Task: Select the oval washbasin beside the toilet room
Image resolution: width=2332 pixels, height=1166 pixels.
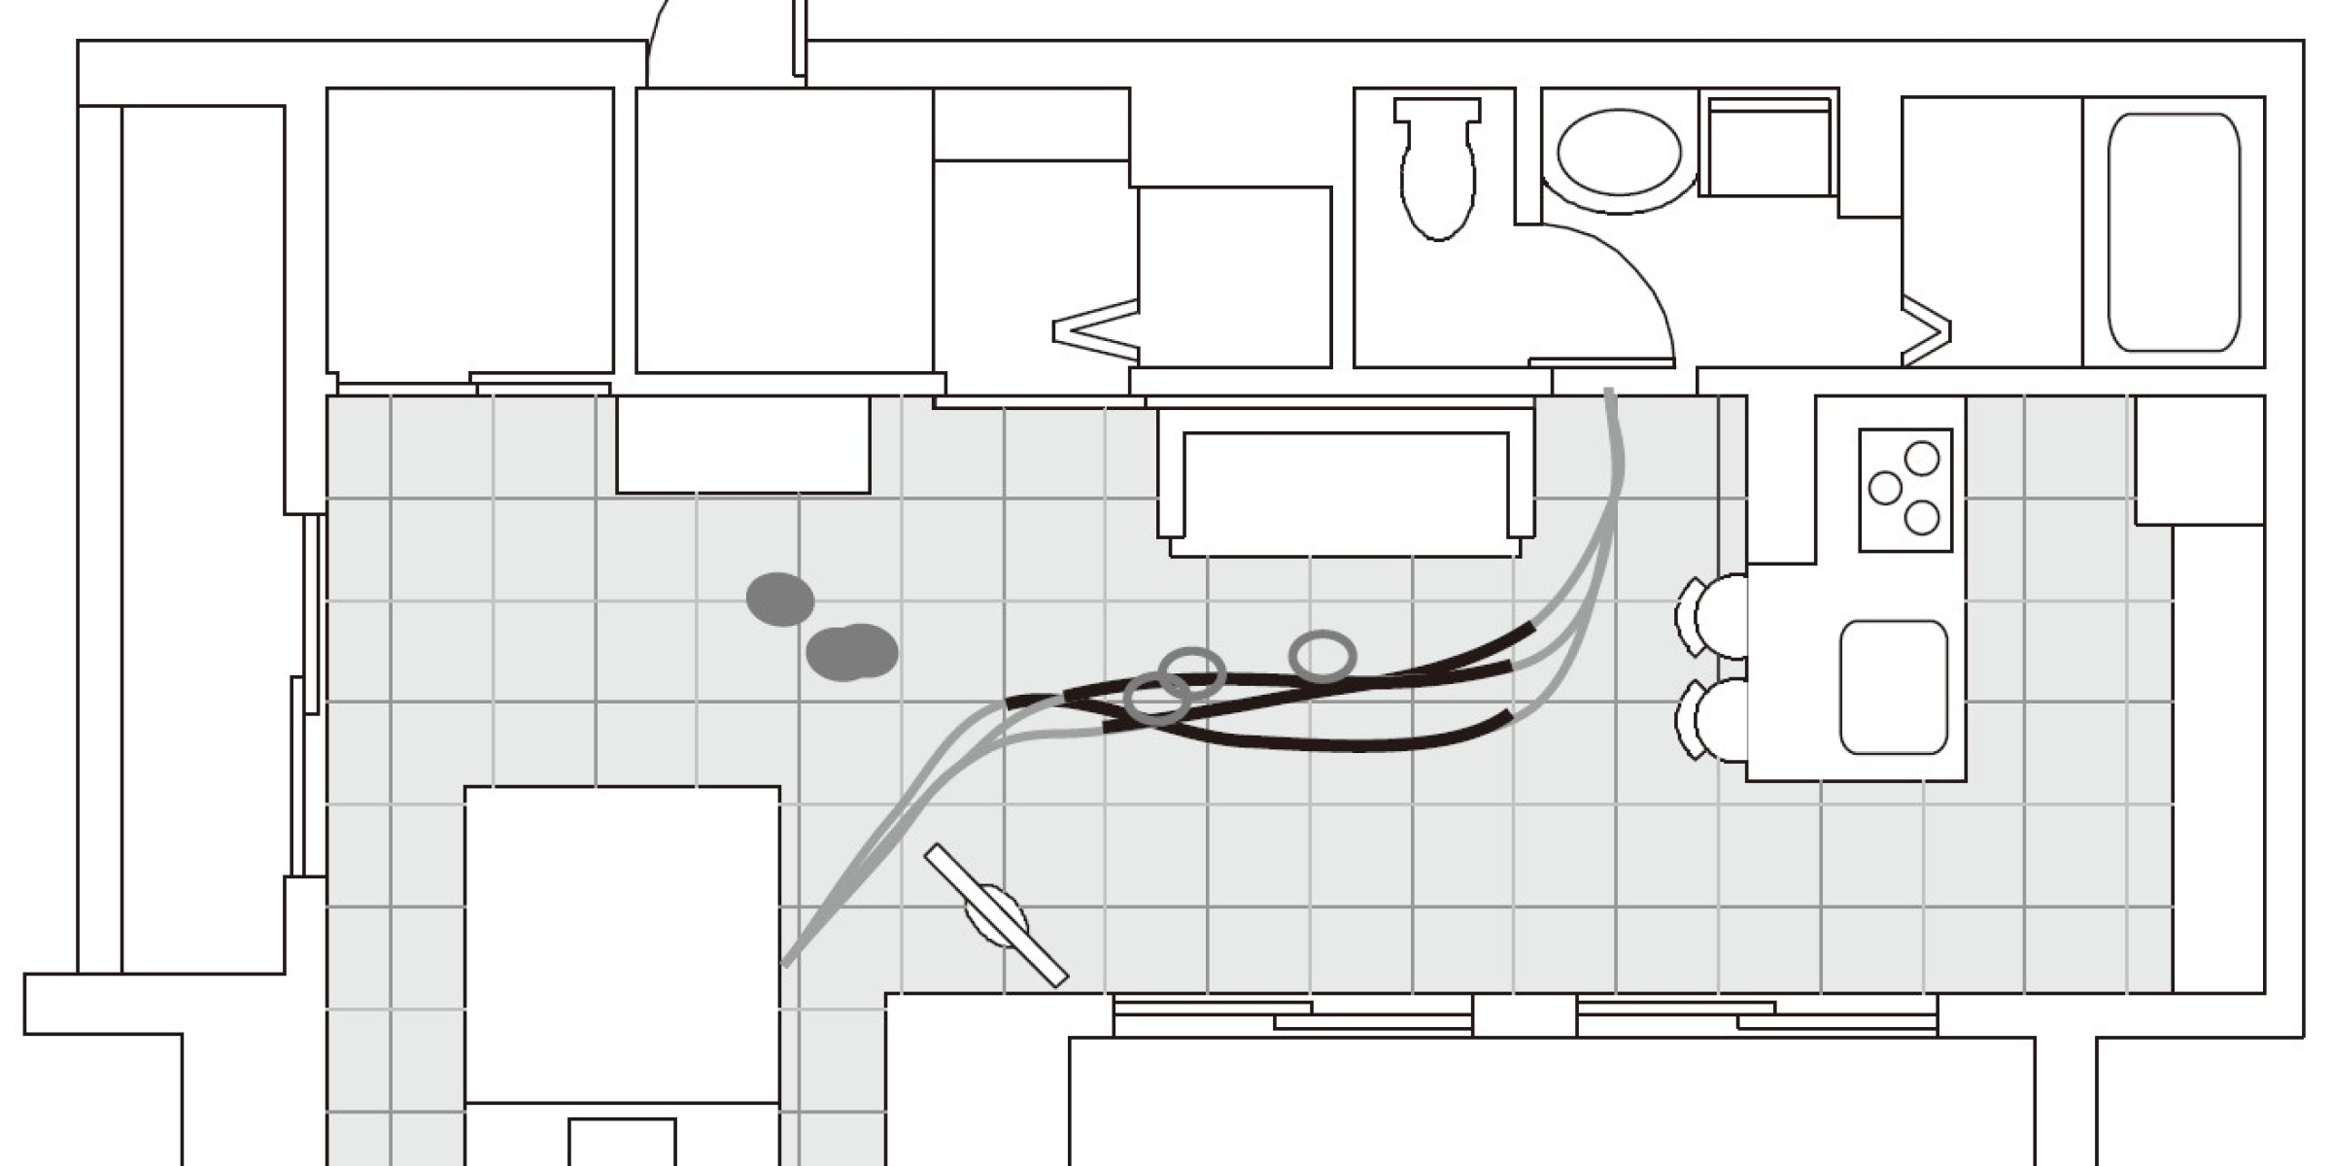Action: click(1619, 153)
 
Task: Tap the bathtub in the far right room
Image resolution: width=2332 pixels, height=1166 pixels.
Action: click(2174, 232)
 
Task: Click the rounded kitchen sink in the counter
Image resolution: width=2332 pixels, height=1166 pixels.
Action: click(1894, 687)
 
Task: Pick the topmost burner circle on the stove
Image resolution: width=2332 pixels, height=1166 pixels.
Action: click(1922, 458)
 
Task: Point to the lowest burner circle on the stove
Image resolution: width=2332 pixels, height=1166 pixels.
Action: click(1922, 518)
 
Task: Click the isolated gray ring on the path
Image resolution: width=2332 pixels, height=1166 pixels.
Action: click(1322, 657)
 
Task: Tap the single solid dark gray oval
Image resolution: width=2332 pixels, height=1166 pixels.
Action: click(780, 599)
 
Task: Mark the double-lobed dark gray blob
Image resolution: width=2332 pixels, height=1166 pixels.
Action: click(852, 652)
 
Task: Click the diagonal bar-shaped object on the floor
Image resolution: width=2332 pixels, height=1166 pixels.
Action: click(996, 914)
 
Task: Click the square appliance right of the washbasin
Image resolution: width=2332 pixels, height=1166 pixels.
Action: click(1768, 148)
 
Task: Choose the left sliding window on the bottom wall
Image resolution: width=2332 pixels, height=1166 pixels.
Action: click(1292, 1014)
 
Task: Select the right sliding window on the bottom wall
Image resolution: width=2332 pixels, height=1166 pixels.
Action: click(1757, 1014)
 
